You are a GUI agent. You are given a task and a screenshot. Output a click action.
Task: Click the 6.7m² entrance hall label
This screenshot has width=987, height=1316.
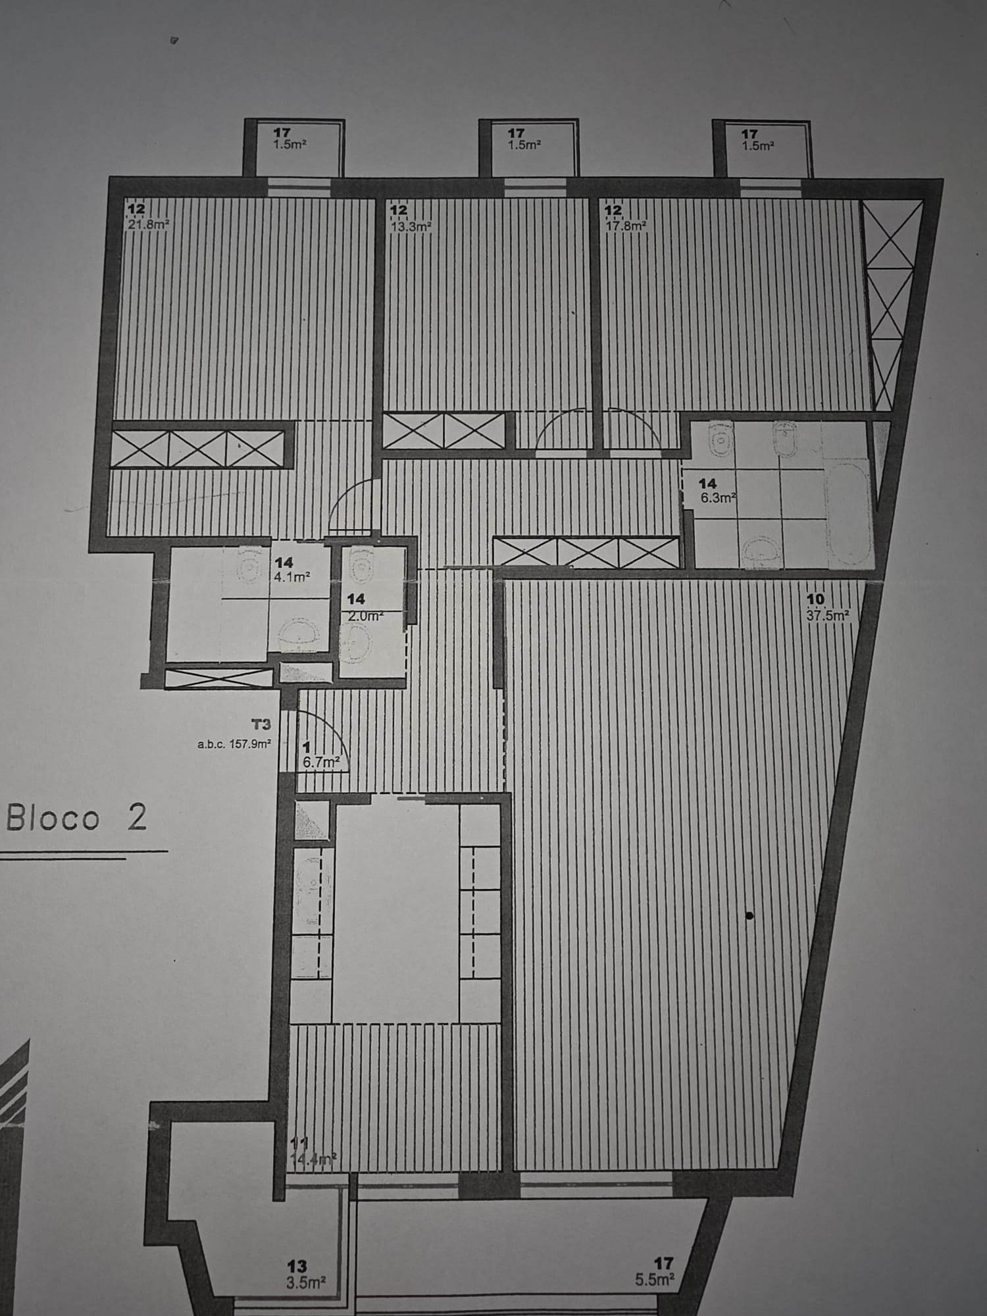[x=321, y=761]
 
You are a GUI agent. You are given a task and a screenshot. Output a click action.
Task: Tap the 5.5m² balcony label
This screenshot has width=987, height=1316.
[x=656, y=1280]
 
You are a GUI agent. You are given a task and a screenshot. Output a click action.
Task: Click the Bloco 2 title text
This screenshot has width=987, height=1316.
[x=77, y=819]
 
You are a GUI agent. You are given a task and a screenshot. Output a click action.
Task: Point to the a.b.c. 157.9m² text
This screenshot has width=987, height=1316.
[x=234, y=745]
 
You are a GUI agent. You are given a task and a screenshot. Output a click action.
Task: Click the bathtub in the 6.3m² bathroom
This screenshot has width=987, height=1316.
[x=849, y=513]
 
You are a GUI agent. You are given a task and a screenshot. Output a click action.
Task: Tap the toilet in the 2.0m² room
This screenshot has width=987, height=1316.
[x=363, y=565]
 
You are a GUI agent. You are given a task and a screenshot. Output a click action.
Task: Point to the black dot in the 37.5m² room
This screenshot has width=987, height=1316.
[x=749, y=915]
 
